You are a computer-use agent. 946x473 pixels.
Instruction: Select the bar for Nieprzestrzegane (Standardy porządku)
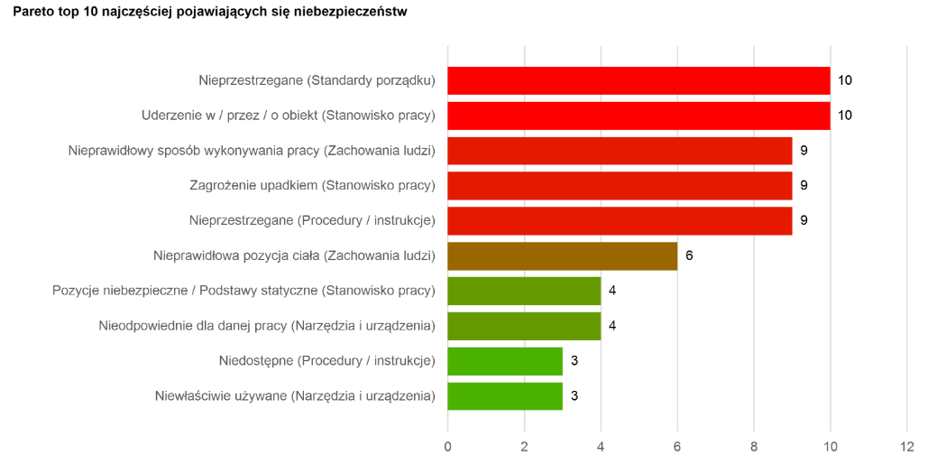638,80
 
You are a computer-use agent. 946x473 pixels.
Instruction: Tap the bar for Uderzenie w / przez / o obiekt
638,116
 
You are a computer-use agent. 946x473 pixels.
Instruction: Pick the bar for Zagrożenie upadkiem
620,186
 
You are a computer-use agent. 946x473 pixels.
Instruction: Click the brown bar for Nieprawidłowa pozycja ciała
562,255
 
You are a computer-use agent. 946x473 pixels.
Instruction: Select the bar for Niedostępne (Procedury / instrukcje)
505,361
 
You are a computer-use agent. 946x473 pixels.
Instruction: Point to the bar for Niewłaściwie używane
505,396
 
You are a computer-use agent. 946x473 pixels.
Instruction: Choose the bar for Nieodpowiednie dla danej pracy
524,326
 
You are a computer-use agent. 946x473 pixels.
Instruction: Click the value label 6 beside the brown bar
689,255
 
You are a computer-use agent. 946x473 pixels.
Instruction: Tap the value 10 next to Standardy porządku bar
845,80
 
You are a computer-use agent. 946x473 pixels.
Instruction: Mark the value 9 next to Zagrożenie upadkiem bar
804,186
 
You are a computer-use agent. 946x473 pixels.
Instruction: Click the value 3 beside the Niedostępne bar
574,361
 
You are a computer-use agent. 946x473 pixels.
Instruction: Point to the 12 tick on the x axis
906,447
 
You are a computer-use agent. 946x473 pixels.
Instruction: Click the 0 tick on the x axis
447,447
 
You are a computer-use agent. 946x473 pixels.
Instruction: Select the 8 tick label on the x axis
754,447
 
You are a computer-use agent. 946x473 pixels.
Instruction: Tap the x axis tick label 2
524,447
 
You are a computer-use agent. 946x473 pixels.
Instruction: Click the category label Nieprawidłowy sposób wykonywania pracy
252,151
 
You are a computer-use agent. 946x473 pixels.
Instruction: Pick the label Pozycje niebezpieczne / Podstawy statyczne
243,291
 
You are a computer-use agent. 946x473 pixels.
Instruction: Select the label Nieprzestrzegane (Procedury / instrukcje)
312,220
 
